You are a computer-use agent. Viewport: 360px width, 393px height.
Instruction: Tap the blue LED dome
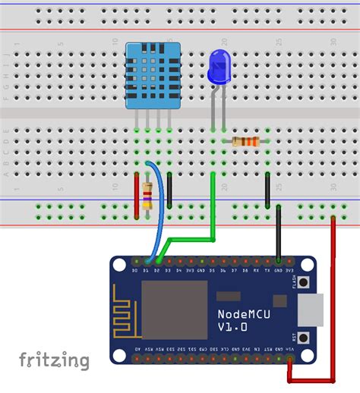tap(218, 68)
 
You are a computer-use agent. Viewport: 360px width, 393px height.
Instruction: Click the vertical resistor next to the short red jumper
tap(147, 195)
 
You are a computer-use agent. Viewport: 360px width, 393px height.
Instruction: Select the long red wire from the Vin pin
tap(334, 303)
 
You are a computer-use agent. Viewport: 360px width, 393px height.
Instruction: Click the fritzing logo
tap(54, 360)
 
